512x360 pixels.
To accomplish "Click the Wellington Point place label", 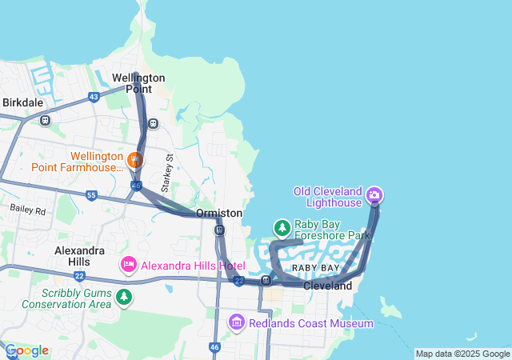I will [138, 83].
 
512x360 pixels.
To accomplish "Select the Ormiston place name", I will [219, 214].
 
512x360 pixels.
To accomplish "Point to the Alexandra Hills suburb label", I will [79, 256].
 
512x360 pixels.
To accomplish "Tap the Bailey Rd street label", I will [29, 209].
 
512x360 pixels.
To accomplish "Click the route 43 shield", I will [94, 97].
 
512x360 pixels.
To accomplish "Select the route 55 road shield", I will [91, 195].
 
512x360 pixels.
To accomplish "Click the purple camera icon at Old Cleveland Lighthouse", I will [374, 195].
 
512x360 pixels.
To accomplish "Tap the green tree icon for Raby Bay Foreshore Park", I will [282, 228].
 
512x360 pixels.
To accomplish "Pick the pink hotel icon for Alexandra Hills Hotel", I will [128, 264].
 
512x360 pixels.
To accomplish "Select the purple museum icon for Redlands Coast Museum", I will [237, 322].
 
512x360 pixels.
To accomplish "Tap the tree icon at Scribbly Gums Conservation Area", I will [123, 298].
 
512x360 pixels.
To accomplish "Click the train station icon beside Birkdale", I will [45, 121].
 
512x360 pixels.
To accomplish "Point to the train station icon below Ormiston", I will [218, 230].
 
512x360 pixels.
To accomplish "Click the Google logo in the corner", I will [27, 350].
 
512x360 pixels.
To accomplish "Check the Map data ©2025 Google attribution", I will [462, 354].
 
